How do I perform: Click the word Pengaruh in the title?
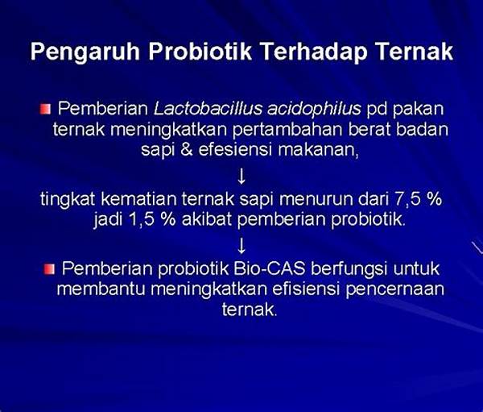click(85, 52)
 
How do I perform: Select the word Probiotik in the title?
click(200, 51)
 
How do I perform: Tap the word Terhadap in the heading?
click(314, 52)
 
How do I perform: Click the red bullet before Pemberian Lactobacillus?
click(45, 109)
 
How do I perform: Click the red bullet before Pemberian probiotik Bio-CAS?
click(49, 269)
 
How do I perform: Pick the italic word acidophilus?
click(314, 110)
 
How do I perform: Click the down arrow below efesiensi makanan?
click(242, 177)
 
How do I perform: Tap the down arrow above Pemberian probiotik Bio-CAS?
click(242, 246)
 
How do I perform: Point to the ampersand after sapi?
click(187, 150)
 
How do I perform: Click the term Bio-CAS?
click(270, 268)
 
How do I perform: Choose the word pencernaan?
click(395, 289)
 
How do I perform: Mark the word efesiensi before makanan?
click(235, 150)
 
